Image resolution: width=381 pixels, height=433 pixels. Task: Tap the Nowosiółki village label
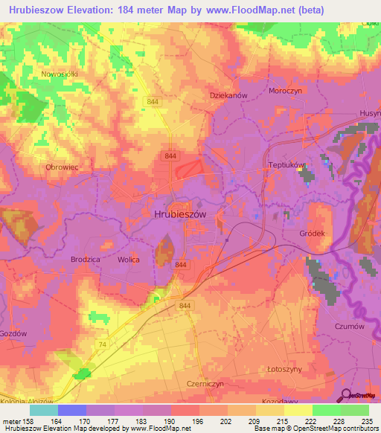60,74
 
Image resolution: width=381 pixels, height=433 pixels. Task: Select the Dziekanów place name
228,96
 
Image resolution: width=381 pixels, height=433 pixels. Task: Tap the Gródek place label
313,233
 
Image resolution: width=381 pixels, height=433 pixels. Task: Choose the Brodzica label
86,260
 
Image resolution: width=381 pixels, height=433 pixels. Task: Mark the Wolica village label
129,260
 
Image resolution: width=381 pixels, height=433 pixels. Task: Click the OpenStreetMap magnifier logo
345,394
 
